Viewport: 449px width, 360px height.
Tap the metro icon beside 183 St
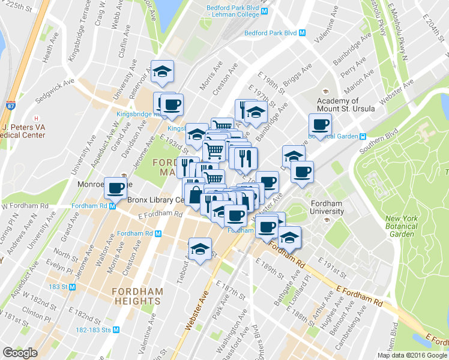pyautogui.click(x=72, y=287)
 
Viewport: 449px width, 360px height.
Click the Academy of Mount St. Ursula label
pyautogui.click(x=346, y=105)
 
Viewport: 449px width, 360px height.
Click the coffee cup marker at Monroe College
pyautogui.click(x=116, y=188)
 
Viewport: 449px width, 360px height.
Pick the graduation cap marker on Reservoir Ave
pyautogui.click(x=162, y=71)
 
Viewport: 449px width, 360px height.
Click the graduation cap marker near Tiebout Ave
pyautogui.click(x=200, y=248)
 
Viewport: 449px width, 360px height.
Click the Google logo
pyautogui.click(x=20, y=353)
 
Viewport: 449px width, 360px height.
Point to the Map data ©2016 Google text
pyautogui.click(x=412, y=355)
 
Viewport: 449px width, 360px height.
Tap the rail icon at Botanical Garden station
pyautogui.click(x=363, y=136)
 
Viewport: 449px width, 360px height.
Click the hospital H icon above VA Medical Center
pyautogui.click(x=37, y=118)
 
